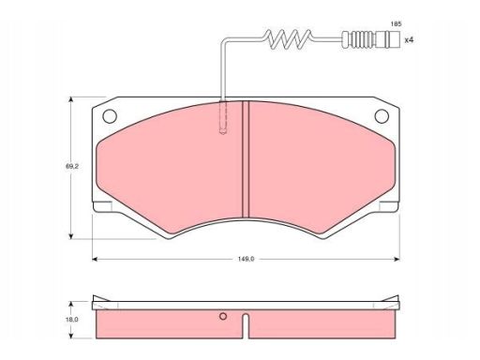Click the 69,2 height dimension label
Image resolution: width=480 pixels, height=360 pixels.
71,167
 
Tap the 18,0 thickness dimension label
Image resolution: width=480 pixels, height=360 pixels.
71,320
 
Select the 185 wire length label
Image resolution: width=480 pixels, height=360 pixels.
396,24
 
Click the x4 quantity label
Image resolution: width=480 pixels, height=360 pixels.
409,40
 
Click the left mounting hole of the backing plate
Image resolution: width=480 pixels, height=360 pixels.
110,116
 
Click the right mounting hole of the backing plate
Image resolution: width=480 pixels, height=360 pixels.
382,116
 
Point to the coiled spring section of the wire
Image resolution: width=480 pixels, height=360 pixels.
289,39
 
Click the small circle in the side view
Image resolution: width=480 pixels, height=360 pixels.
223,316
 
